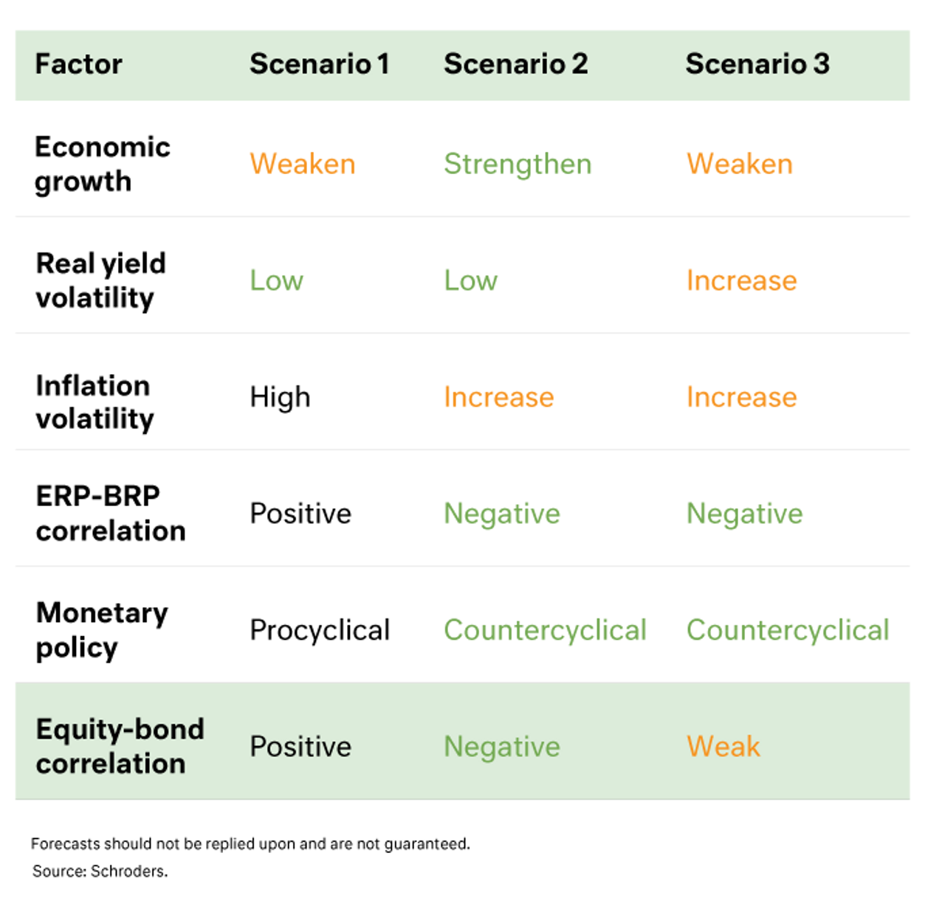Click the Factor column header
click(78, 64)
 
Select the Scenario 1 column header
click(319, 64)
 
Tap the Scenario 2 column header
click(515, 64)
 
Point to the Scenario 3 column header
click(757, 64)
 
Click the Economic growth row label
click(103, 165)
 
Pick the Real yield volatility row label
click(101, 280)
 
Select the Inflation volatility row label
click(94, 402)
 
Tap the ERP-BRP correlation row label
click(111, 513)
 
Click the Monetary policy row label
click(102, 630)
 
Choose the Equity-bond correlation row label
click(120, 746)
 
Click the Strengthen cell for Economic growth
click(518, 165)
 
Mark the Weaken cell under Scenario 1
click(303, 165)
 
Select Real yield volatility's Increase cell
click(741, 280)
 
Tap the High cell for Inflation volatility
click(280, 398)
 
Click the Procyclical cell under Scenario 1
click(320, 630)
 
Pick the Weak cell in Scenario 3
click(723, 746)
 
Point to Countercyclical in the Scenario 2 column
click(545, 630)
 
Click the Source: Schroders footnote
click(100, 871)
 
